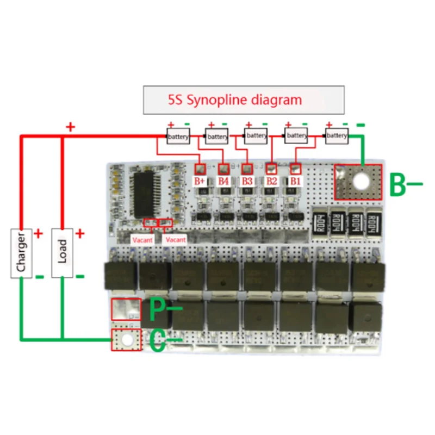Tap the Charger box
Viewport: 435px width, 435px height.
[21, 253]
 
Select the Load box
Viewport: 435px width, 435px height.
[62, 253]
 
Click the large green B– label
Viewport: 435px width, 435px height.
[405, 185]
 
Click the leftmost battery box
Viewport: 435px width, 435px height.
[178, 137]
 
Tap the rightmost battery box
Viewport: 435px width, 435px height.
[337, 135]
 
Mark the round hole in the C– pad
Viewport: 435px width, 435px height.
[126, 340]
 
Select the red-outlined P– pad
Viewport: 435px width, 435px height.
[126, 309]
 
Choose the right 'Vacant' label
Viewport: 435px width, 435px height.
[176, 239]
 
